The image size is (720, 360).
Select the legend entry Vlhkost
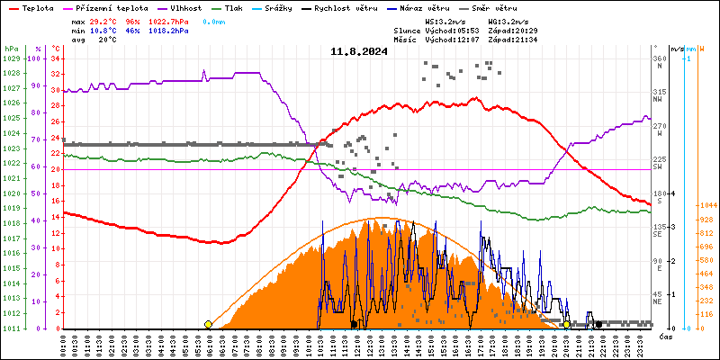tap(186, 7)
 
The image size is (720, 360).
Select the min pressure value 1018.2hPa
tap(168, 30)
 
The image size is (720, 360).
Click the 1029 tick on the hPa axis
tap(11, 58)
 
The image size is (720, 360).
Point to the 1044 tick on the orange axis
tap(705, 206)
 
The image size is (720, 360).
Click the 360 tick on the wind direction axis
tap(660, 58)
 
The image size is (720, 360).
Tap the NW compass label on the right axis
tap(659, 101)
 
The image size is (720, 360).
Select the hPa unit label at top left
tap(11, 49)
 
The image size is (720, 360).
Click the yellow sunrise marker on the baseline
tap(208, 324)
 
